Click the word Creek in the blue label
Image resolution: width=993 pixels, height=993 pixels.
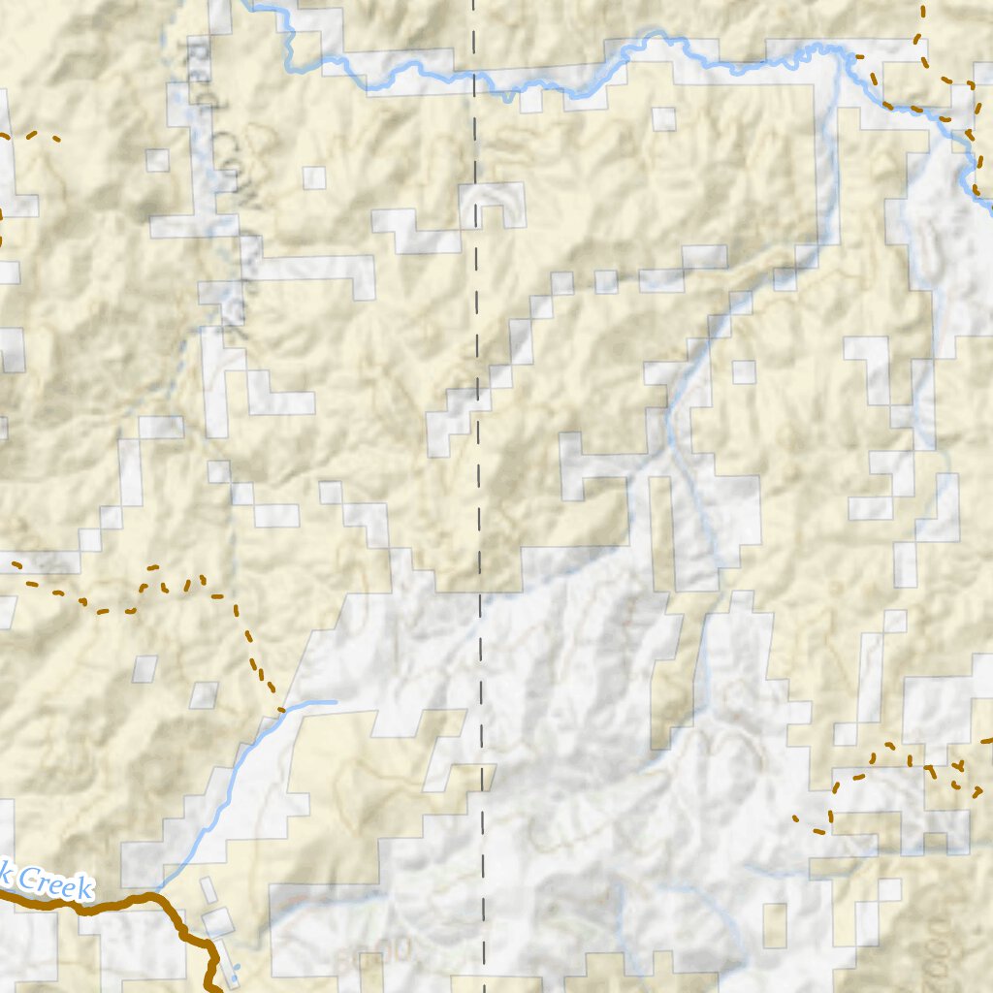pos(53,883)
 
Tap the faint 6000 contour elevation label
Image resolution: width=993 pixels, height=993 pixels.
pos(373,951)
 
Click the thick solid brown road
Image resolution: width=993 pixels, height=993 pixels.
pos(116,903)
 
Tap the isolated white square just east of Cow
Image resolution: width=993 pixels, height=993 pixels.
pos(313,177)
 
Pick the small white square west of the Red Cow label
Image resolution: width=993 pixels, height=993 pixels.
pos(157,160)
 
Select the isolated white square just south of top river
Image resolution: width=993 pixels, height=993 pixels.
pos(664,118)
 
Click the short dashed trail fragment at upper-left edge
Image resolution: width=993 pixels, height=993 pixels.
pos(39,136)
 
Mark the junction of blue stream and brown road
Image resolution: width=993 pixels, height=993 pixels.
pos(155,894)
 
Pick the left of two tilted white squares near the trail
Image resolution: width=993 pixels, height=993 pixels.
pos(144,668)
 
